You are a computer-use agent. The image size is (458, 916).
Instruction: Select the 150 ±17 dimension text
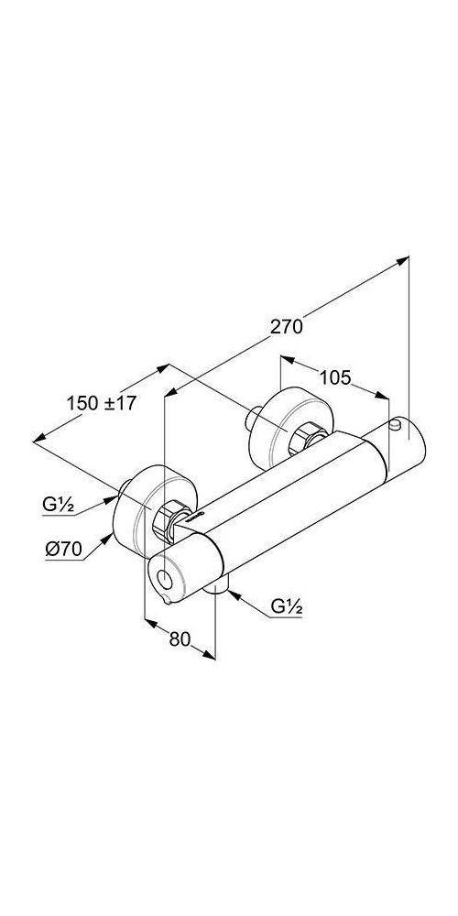tap(102, 403)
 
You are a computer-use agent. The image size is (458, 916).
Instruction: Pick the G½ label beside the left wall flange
tap(57, 502)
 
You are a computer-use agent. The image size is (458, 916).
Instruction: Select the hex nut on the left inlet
tap(171, 518)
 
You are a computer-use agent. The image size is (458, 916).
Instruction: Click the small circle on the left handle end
tap(164, 578)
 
